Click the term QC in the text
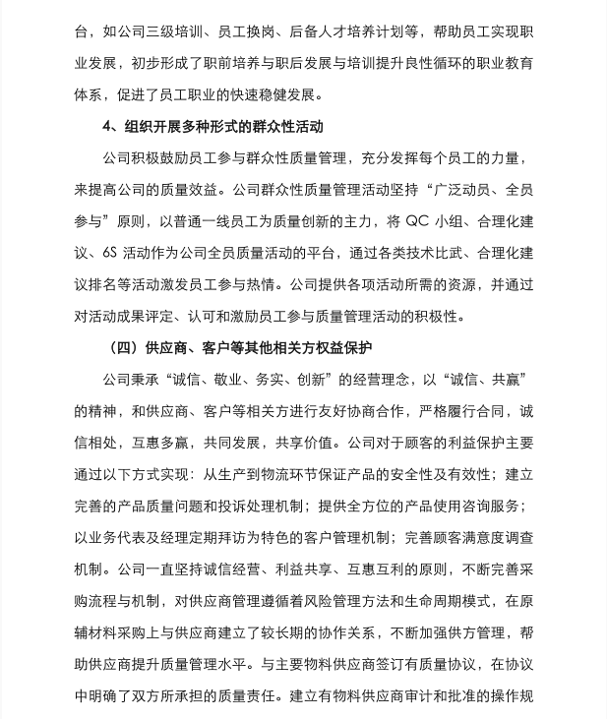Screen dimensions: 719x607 click(x=417, y=221)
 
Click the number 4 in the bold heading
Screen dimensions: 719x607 click(x=107, y=127)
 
